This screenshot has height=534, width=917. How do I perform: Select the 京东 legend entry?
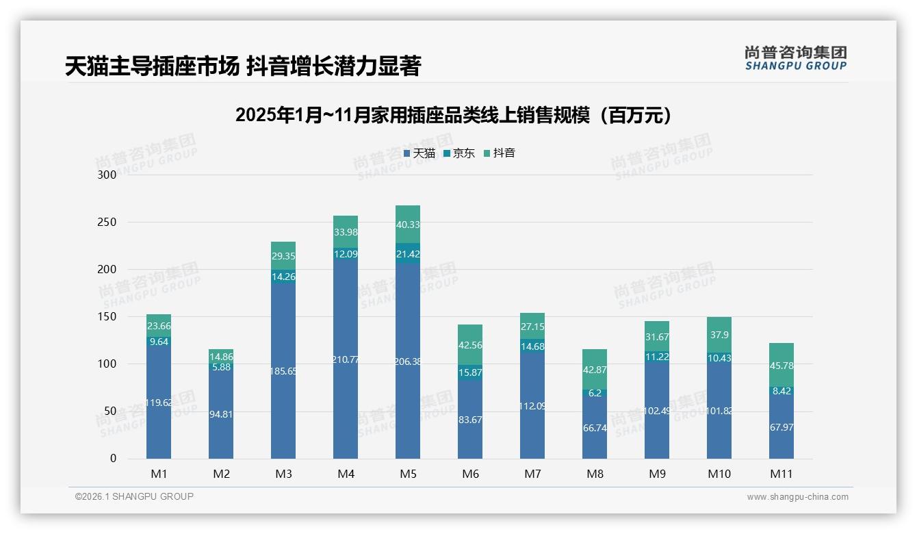[x=459, y=153]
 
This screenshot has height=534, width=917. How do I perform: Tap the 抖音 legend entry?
[x=500, y=153]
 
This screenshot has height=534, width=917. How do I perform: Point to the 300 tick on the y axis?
[x=107, y=175]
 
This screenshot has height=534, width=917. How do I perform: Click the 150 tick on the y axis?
[x=107, y=317]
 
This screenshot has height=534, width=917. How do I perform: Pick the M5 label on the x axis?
[x=408, y=474]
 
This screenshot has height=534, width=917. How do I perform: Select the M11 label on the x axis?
[x=781, y=474]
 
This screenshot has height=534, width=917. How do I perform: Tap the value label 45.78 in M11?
[x=782, y=366]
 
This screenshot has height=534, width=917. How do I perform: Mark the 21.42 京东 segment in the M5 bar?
[x=408, y=253]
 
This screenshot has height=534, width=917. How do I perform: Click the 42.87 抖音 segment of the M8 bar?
[x=595, y=369]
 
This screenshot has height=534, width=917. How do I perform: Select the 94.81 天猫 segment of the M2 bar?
[x=221, y=415]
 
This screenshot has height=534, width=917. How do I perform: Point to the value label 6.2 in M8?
[x=595, y=393]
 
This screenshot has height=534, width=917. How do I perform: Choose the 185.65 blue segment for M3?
[x=283, y=371]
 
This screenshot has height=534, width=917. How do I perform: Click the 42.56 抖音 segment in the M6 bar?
[x=470, y=345]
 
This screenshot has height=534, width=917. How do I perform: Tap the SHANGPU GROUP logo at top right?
[x=795, y=58]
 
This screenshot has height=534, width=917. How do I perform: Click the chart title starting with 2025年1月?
[x=453, y=115]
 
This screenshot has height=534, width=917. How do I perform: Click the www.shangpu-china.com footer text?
[x=797, y=497]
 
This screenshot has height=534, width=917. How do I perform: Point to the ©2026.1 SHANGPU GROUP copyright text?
[x=134, y=496]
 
